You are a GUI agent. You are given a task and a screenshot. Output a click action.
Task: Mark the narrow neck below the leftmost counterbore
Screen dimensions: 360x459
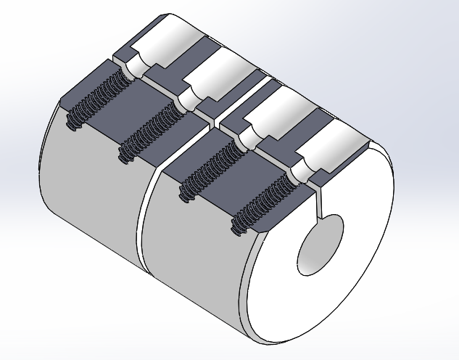point(131,69)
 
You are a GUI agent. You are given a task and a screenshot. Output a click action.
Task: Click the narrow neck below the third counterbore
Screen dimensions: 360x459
point(242,139)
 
